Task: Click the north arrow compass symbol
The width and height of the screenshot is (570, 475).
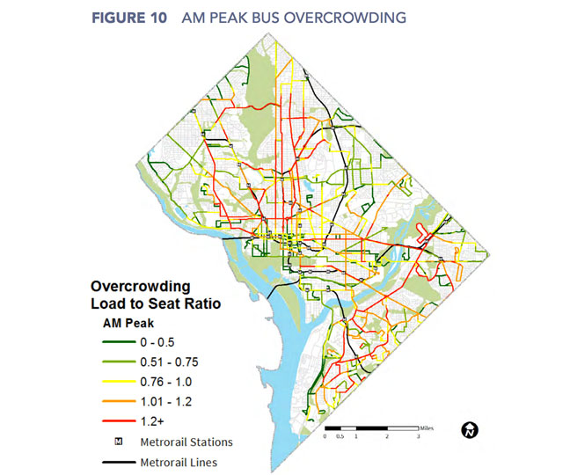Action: click(x=470, y=430)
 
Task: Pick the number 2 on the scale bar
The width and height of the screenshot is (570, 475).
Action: click(x=387, y=437)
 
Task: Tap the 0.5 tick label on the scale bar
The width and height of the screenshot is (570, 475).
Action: click(x=340, y=437)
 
